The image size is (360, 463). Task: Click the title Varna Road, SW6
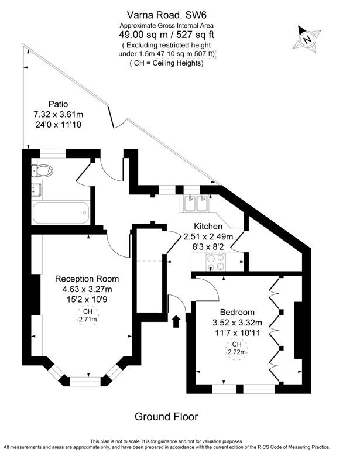pyautogui.click(x=166, y=14)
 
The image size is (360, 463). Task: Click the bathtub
pyautogui.click(x=60, y=211)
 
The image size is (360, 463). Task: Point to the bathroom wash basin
pyautogui.click(x=36, y=189)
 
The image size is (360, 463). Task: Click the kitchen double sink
pyautogui.click(x=194, y=204)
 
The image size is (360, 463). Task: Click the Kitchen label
pyautogui.click(x=208, y=226)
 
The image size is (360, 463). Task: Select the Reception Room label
pyautogui.click(x=87, y=279)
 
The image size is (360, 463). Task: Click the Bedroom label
pyautogui.click(x=237, y=312)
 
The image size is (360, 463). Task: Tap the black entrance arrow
pyautogui.click(x=174, y=320)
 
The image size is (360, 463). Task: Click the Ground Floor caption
pyautogui.click(x=166, y=417)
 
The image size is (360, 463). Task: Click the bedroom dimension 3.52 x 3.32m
pyautogui.click(x=237, y=323)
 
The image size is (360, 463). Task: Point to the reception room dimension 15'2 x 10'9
pyautogui.click(x=87, y=299)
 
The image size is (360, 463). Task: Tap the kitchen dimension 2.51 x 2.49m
pyautogui.click(x=208, y=236)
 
